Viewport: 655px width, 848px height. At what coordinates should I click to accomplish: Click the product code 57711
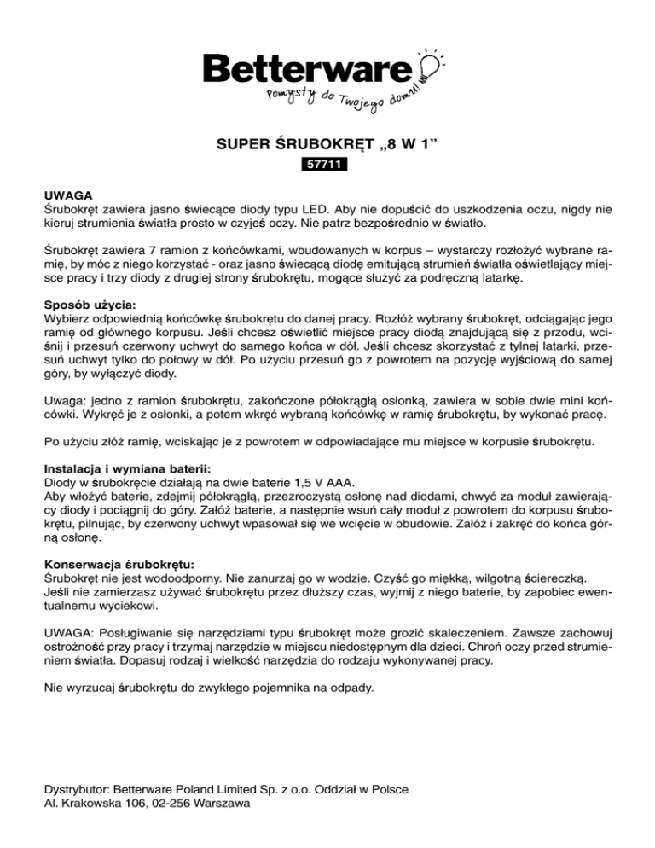pyautogui.click(x=327, y=163)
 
